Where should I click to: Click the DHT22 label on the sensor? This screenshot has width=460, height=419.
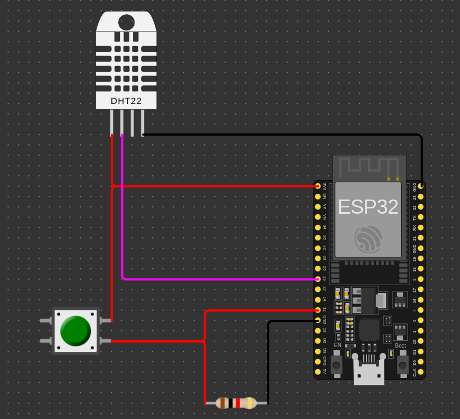[x=126, y=101]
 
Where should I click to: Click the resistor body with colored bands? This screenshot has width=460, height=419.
[x=237, y=403]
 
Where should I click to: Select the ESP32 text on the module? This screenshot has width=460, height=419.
[x=368, y=206]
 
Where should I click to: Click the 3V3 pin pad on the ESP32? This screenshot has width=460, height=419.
[x=318, y=186]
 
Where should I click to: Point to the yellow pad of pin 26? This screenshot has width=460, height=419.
[x=318, y=279]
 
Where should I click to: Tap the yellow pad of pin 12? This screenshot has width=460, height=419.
[x=318, y=310]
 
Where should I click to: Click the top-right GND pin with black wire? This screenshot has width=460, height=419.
[x=421, y=186]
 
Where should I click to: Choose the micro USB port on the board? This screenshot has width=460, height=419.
[x=369, y=374]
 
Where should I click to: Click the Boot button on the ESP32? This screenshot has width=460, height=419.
[x=403, y=364]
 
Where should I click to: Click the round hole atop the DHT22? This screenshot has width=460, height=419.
[x=126, y=22]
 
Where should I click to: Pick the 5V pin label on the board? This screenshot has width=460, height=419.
[x=325, y=372]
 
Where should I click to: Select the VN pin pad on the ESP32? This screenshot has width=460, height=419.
[x=318, y=217]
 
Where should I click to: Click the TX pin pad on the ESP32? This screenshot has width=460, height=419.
[x=421, y=217]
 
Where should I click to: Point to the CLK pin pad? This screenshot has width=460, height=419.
[x=421, y=372]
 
